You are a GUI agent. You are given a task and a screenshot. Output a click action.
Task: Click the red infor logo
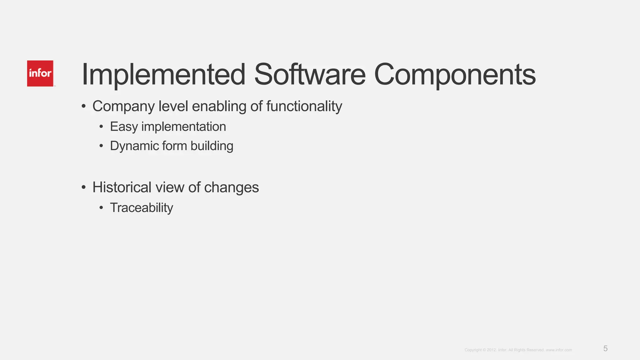tap(40, 73)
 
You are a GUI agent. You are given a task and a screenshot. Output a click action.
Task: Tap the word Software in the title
tap(310, 75)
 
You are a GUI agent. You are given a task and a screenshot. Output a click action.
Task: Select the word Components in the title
tap(455, 75)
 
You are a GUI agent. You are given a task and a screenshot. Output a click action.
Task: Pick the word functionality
tap(304, 107)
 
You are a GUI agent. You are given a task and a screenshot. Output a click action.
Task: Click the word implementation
tap(183, 127)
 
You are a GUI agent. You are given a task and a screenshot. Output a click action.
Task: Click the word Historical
tap(122, 187)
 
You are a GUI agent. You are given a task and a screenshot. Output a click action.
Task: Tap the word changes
tap(231, 187)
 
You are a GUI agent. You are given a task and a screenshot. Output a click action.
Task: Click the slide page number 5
tap(605, 349)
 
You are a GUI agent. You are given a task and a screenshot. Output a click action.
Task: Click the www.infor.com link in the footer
tap(559, 350)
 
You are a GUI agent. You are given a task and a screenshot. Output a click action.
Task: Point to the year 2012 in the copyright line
tap(491, 350)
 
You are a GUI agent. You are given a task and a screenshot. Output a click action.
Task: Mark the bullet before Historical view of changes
tap(83, 187)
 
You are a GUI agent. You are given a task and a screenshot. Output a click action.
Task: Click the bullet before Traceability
tap(101, 208)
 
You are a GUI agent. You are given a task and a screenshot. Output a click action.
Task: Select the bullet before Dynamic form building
tap(101, 146)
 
